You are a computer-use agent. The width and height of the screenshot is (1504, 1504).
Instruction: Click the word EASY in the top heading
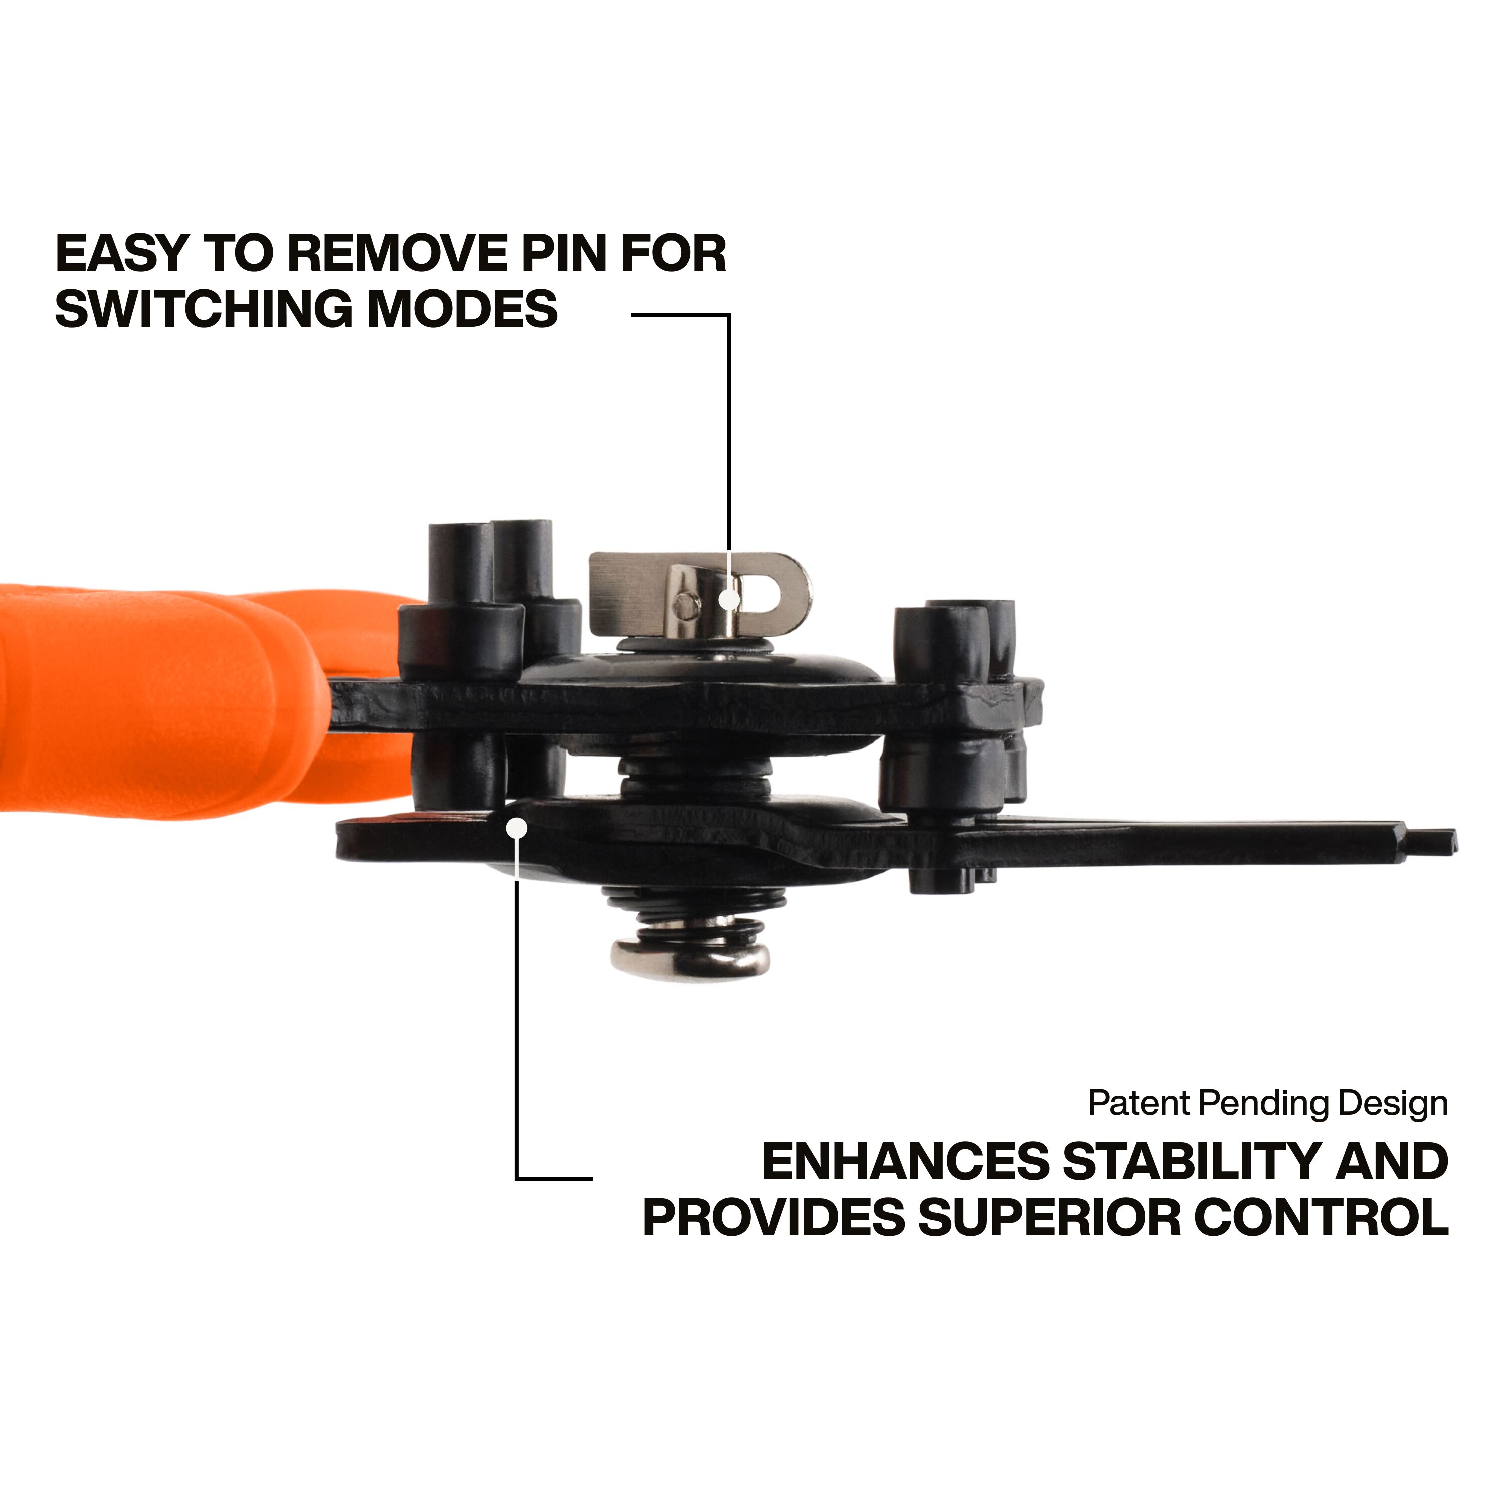pyautogui.click(x=123, y=253)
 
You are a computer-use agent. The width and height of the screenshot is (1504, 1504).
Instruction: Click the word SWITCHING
pyautogui.click(x=205, y=308)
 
